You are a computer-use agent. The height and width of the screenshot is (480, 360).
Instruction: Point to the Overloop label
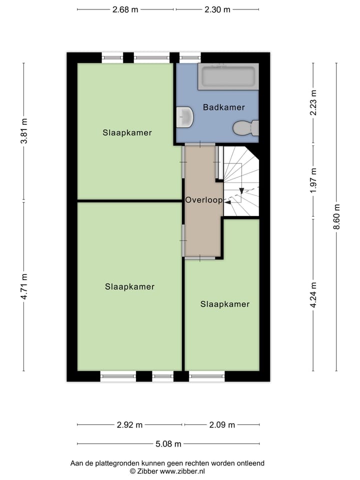(203, 199)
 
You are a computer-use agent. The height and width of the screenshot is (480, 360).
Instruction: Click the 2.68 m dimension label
(124, 9)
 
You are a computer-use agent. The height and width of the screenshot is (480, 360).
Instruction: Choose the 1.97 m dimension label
(313, 181)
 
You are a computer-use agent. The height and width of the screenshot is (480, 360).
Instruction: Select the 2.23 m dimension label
(313, 102)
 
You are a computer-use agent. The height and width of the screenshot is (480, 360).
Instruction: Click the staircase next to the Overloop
(241, 181)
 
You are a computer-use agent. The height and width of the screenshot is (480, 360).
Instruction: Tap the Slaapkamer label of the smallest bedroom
(224, 304)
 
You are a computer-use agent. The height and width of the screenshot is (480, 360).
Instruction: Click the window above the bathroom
(187, 57)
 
